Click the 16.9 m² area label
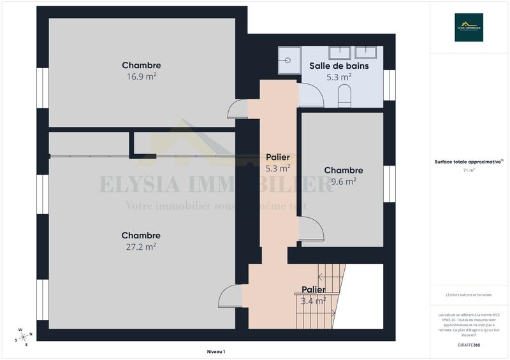[x=141, y=76]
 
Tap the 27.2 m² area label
[x=141, y=247]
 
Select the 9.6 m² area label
[x=344, y=181]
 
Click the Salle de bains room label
[x=339, y=66]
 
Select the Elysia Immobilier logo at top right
[x=468, y=27]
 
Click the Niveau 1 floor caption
[x=216, y=351]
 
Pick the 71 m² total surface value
[x=469, y=171]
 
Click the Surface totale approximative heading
[x=469, y=162]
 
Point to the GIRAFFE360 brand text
[x=469, y=344]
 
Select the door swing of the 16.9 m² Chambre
[x=238, y=110]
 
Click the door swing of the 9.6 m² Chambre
[x=309, y=227]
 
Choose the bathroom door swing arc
[x=312, y=96]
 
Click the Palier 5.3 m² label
[x=278, y=163]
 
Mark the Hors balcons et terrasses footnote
[x=469, y=295]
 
